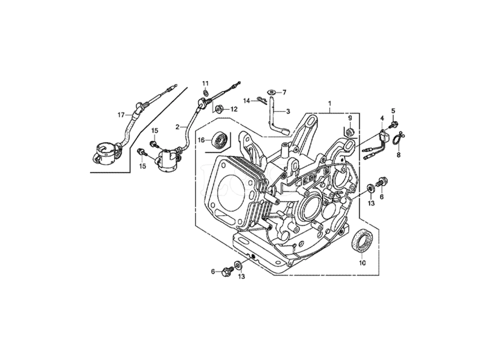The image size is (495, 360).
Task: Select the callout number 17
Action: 121,115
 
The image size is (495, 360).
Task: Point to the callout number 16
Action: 202,140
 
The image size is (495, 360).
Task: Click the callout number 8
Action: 398,154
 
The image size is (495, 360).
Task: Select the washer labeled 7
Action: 271,93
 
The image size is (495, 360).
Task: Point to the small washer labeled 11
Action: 206,93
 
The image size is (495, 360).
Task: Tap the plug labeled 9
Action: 350,131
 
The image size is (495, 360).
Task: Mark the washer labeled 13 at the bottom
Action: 238,265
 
